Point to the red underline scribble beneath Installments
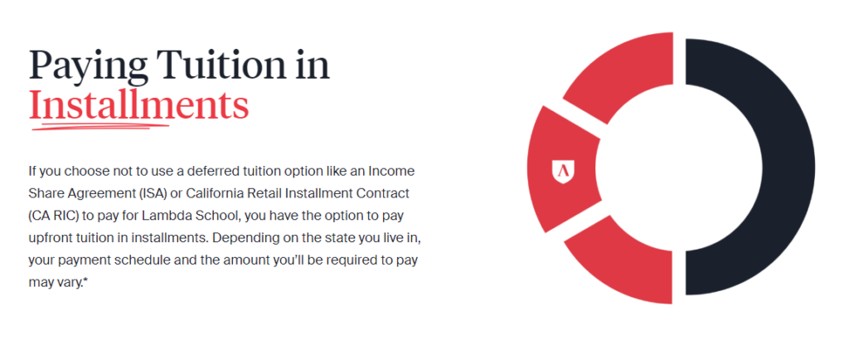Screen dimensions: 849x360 [x=100, y=126]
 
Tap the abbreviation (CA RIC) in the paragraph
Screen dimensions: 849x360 [x=55, y=216]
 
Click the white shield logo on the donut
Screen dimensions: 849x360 [x=563, y=172]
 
